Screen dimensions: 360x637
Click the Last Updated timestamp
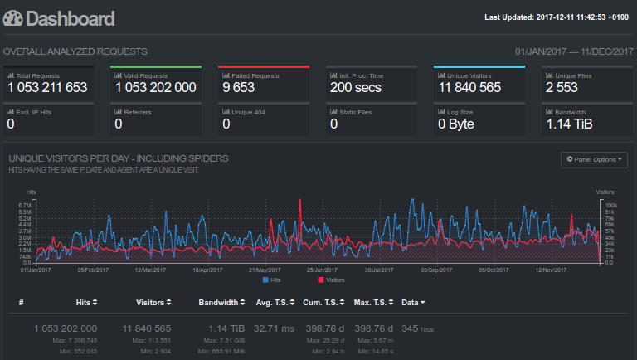click(x=558, y=17)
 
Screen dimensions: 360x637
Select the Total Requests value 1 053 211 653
click(x=47, y=87)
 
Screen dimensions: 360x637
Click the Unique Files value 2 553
click(x=562, y=87)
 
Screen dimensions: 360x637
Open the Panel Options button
click(x=595, y=158)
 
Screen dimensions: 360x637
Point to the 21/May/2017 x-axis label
click(x=265, y=270)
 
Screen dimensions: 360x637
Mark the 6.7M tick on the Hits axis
click(x=24, y=205)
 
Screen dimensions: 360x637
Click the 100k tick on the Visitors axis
click(x=610, y=205)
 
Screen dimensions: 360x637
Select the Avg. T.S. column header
click(x=275, y=302)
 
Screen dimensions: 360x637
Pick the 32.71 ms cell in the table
click(x=275, y=328)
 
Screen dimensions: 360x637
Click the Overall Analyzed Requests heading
click(x=75, y=51)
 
